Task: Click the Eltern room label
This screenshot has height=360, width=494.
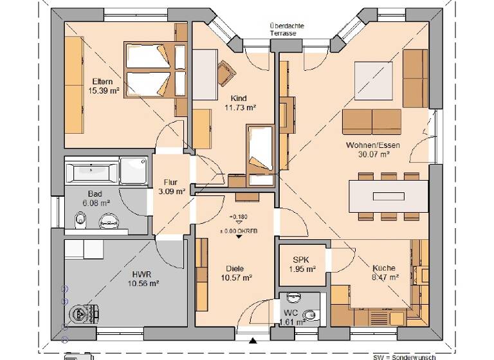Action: (103, 81)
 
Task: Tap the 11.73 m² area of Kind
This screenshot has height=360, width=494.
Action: (241, 108)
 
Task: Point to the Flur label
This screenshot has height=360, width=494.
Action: (170, 182)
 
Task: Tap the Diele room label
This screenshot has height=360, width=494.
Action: (234, 268)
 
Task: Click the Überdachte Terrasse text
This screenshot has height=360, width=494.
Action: (287, 30)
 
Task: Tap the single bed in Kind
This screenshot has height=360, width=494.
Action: (259, 148)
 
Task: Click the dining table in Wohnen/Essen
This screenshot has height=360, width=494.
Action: (387, 194)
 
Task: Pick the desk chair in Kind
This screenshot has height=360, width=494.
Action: (226, 72)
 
